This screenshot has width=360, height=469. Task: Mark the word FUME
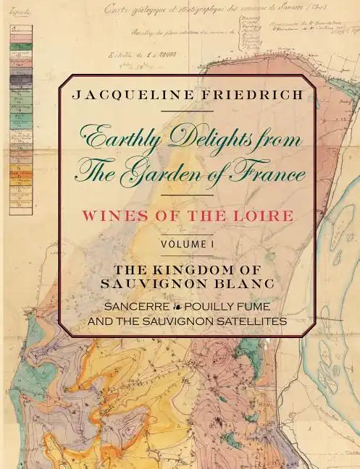pyautogui.click(x=255, y=305)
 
